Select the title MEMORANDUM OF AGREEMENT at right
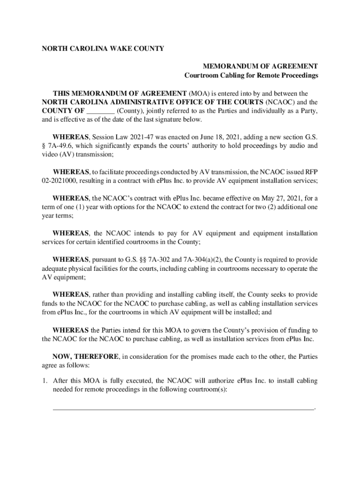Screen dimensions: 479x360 (x=260, y=66)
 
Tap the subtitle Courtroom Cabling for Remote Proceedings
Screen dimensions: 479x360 (x=251, y=75)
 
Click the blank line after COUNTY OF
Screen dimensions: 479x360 (x=101, y=111)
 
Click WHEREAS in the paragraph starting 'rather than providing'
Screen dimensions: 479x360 (x=71, y=295)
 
